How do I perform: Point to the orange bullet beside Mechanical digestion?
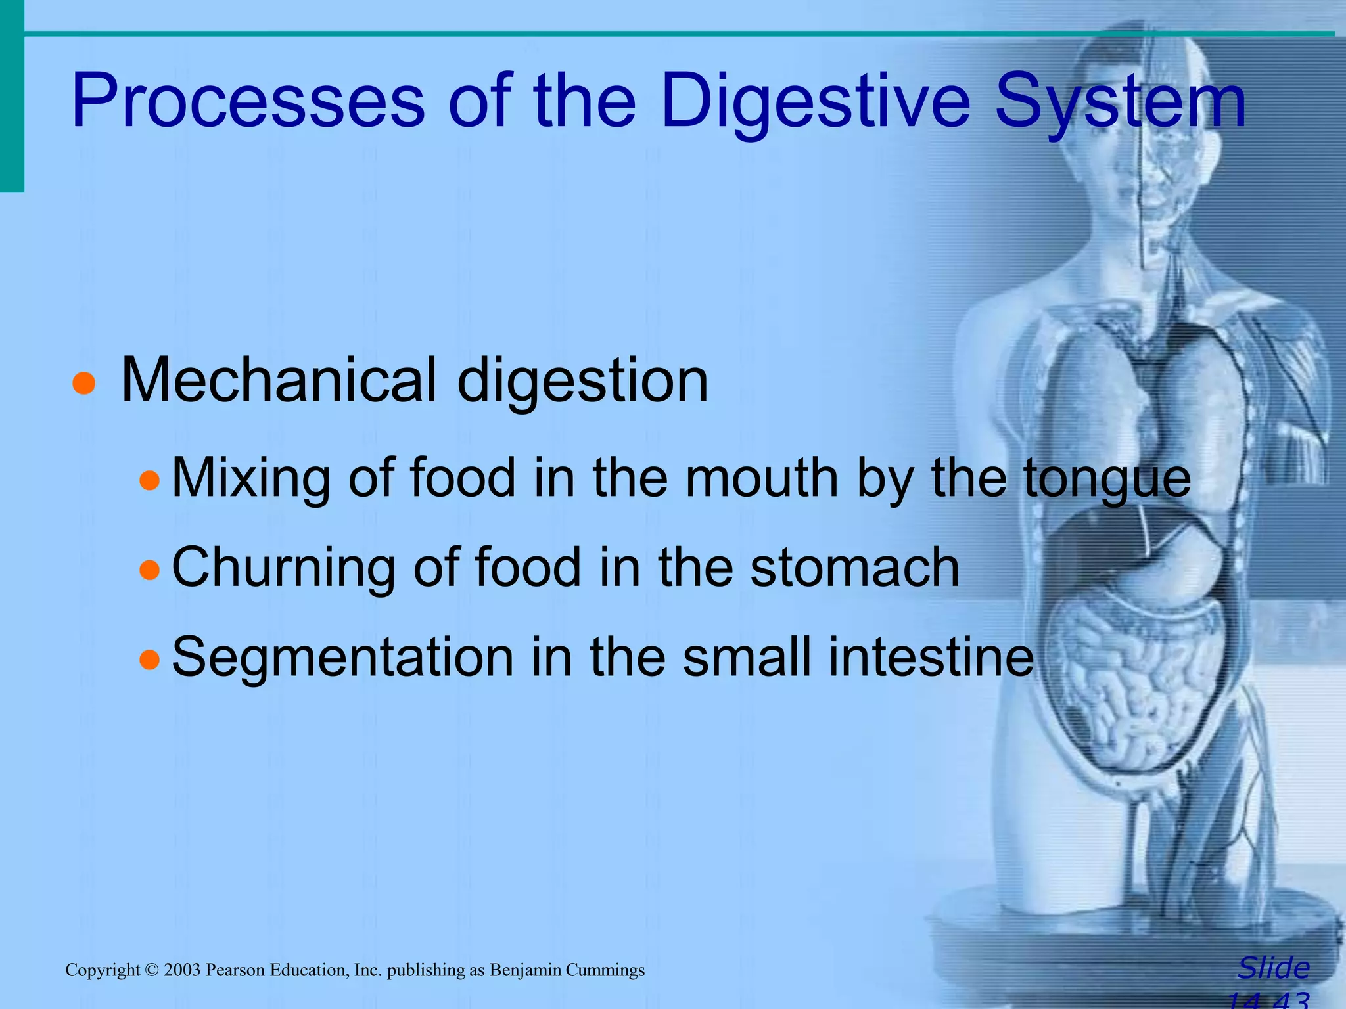coord(84,384)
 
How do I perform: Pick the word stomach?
coord(854,568)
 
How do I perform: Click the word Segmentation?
coord(342,657)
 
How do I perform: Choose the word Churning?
coord(283,568)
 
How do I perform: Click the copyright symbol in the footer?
coord(152,970)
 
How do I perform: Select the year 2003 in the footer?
coord(182,970)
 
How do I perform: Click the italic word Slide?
coord(1273,968)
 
